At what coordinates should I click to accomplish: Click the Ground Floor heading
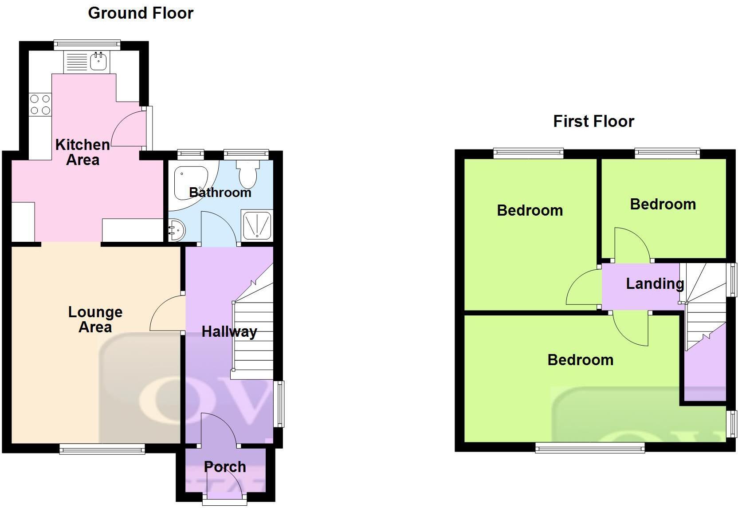coord(141,13)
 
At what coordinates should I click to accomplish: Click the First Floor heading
coord(593,121)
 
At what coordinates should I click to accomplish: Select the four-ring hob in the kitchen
coord(40,105)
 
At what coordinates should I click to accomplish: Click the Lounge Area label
coord(95,319)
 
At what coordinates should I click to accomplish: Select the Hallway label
coord(229,331)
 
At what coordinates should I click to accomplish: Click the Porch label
coord(225,467)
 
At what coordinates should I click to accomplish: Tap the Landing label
coord(655,284)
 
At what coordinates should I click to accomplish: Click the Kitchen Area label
coord(82,152)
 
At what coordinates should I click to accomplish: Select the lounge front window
coord(102,449)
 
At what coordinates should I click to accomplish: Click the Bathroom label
coord(220,192)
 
